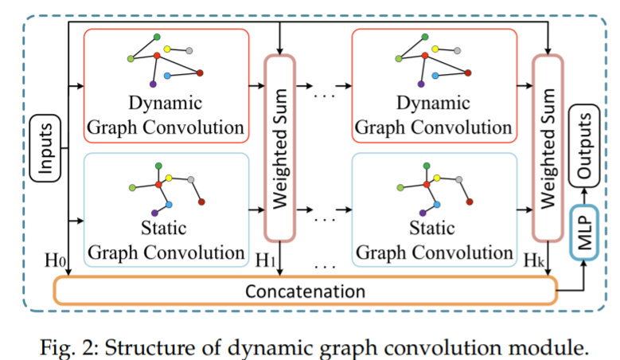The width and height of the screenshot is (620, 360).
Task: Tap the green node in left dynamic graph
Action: point(157,37)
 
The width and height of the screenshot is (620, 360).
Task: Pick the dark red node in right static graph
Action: point(470,202)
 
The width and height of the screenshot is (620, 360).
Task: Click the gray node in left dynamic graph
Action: point(191,51)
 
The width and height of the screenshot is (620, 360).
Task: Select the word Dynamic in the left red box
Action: point(166,104)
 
